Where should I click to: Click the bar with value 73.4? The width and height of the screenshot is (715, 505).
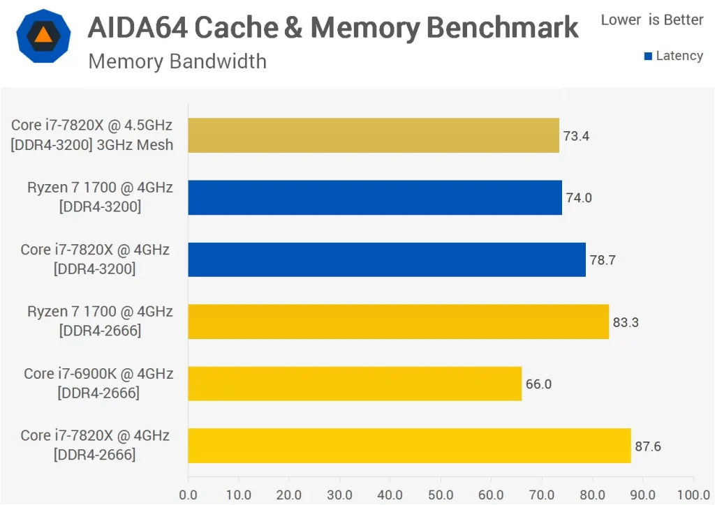click(374, 135)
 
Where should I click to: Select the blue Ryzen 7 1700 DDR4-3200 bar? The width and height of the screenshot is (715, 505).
click(375, 197)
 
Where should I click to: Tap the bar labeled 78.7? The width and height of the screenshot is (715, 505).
click(387, 259)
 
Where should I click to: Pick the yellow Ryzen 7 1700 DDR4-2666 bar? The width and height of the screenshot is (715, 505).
click(398, 322)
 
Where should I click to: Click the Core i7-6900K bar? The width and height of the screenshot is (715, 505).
click(355, 384)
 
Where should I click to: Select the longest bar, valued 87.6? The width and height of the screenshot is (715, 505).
click(409, 446)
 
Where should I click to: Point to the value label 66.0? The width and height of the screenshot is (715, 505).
click(538, 384)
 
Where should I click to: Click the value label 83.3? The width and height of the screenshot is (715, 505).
click(626, 322)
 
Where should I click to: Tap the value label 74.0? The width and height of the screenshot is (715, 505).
click(579, 198)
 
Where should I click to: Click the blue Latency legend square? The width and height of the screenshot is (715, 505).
click(648, 56)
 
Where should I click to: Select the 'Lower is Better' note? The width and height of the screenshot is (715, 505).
click(652, 20)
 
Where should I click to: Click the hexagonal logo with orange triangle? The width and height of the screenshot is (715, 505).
click(43, 36)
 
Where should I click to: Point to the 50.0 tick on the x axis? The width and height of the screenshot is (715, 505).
click(441, 495)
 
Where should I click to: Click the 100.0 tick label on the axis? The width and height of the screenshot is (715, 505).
click(693, 495)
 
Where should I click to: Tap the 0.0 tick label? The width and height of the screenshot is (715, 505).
click(188, 495)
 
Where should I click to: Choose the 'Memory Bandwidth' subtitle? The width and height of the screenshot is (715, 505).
click(177, 61)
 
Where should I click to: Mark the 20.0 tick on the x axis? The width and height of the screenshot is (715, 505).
click(289, 495)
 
